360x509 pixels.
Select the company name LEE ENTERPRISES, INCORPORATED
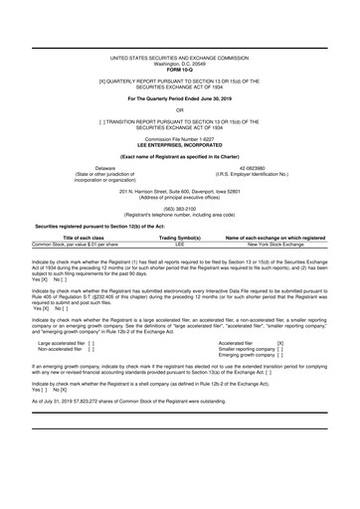point(180,146)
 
